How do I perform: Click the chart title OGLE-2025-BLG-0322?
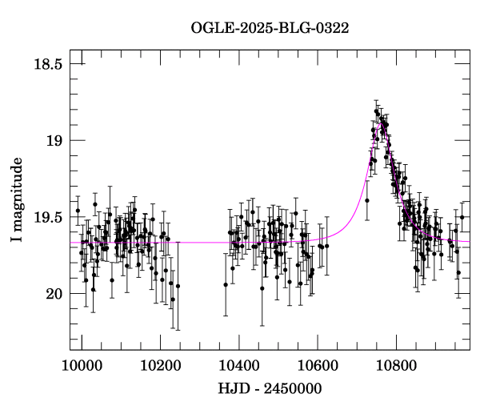pos(270,28)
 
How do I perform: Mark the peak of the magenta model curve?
pos(379,125)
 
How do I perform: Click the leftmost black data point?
pos(78,211)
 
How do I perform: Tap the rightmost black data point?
pos(462,217)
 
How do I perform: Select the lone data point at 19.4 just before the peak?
pos(366,200)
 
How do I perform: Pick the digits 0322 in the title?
pos(334,28)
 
